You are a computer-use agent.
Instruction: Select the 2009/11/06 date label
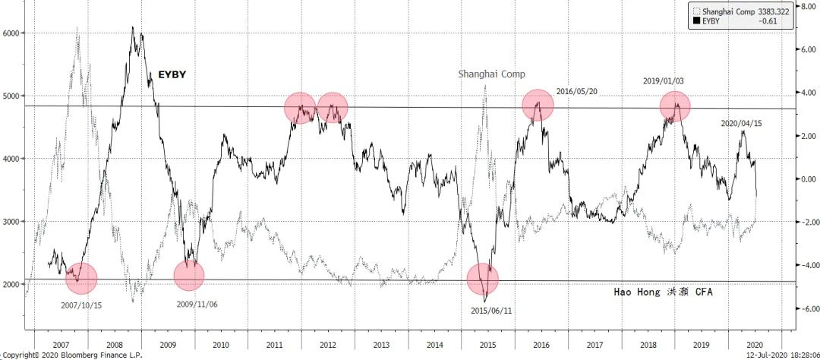(198, 304)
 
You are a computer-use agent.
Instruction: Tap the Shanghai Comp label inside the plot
(491, 74)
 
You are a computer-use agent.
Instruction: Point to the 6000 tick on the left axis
(12, 33)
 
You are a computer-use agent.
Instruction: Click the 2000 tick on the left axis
(12, 283)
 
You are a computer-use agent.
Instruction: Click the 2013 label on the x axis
(381, 346)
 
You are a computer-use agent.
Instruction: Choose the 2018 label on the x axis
(648, 346)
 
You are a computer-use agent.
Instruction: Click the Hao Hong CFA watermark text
(663, 292)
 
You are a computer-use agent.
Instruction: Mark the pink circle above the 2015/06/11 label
(483, 279)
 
